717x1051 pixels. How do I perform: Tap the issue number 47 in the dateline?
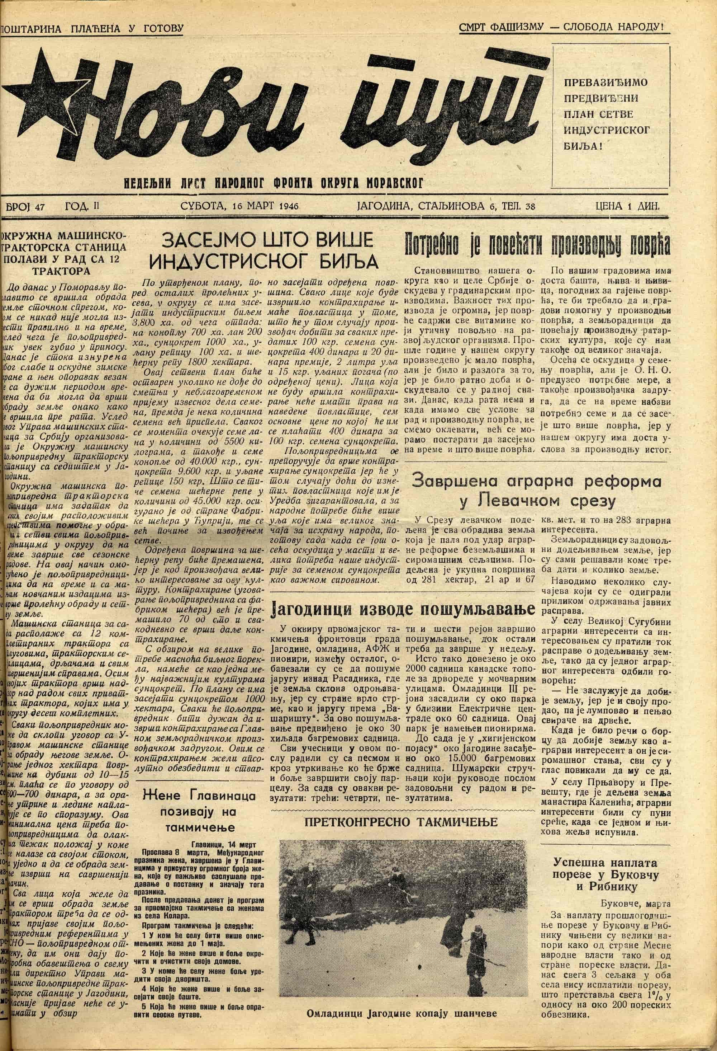39,207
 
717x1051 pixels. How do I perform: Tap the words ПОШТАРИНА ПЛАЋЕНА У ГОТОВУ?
92,29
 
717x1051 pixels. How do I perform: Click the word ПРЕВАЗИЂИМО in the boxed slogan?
606,83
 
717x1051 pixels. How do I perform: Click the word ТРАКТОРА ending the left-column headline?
61,271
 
